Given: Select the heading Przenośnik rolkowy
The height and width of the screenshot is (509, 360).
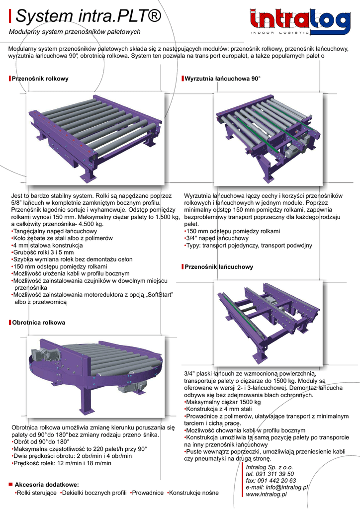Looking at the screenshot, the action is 40,79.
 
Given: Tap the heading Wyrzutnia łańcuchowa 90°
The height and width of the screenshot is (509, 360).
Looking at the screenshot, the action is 223,79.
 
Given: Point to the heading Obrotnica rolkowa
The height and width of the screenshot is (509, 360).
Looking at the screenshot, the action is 39,322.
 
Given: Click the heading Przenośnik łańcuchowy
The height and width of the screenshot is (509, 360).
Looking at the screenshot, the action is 219,267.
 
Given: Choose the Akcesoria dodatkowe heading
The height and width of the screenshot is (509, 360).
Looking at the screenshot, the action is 47,485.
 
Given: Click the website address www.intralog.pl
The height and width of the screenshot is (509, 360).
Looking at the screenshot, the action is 266,495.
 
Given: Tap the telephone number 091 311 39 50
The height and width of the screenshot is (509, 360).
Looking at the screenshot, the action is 274,474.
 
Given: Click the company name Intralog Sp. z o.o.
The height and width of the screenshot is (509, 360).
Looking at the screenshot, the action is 270,467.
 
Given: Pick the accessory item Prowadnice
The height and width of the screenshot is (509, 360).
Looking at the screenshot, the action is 148,493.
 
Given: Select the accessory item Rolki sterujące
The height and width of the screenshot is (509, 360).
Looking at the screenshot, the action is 37,493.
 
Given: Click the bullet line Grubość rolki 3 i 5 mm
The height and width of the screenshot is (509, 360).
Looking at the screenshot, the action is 43,252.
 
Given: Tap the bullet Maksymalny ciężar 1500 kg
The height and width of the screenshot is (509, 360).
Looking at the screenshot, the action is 223,402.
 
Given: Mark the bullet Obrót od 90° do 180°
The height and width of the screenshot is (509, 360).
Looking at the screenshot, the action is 41,442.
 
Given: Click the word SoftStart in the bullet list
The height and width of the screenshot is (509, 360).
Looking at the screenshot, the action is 160,295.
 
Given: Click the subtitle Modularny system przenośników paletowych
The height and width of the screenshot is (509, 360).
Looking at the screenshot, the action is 75,32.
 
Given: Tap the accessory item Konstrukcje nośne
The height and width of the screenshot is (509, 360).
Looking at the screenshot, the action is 194,493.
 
